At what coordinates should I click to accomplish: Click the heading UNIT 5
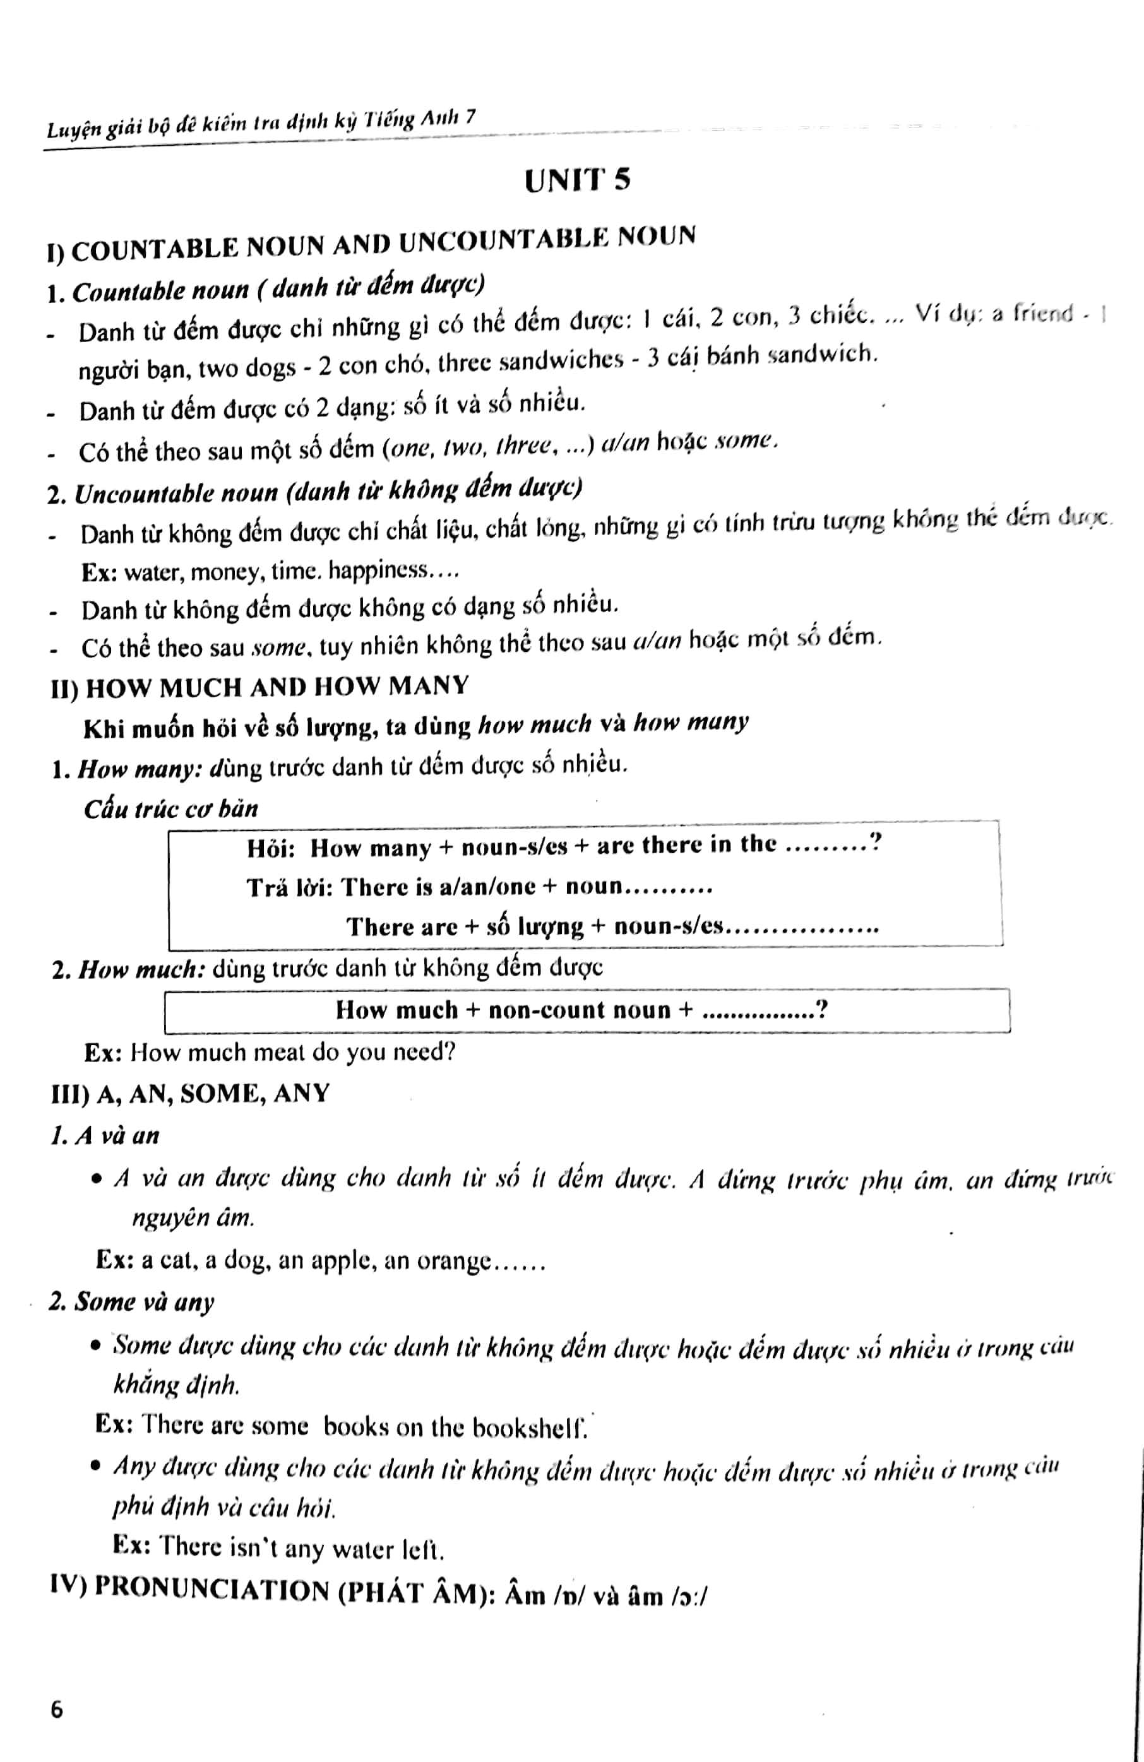coord(577,180)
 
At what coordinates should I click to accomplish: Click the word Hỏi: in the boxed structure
coord(271,848)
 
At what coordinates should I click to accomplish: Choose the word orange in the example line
coord(453,1260)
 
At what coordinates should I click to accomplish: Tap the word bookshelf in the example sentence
coord(528,1427)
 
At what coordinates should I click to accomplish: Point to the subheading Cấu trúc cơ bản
coord(170,808)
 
